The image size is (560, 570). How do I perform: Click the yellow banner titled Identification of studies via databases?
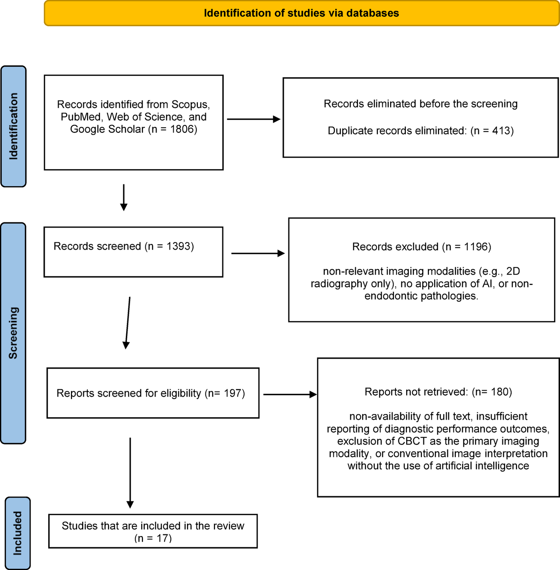click(x=302, y=13)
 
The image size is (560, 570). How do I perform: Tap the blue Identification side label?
click(x=13, y=126)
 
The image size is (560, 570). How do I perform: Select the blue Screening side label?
click(x=13, y=333)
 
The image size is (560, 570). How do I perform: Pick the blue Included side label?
click(x=18, y=533)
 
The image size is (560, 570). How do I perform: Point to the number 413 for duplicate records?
click(x=501, y=131)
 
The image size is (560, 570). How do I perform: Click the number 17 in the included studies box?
click(x=164, y=538)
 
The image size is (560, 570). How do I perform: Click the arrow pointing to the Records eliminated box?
click(x=253, y=119)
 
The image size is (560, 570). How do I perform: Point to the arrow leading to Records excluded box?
click(x=258, y=253)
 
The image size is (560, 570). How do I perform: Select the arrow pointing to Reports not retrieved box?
click(x=290, y=394)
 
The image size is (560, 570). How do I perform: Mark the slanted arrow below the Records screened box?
click(x=128, y=323)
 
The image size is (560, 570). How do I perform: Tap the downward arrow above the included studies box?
click(x=130, y=473)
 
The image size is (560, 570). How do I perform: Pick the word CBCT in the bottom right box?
click(x=412, y=441)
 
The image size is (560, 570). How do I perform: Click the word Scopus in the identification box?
click(x=190, y=105)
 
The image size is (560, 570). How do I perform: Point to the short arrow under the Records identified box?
click(x=124, y=197)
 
